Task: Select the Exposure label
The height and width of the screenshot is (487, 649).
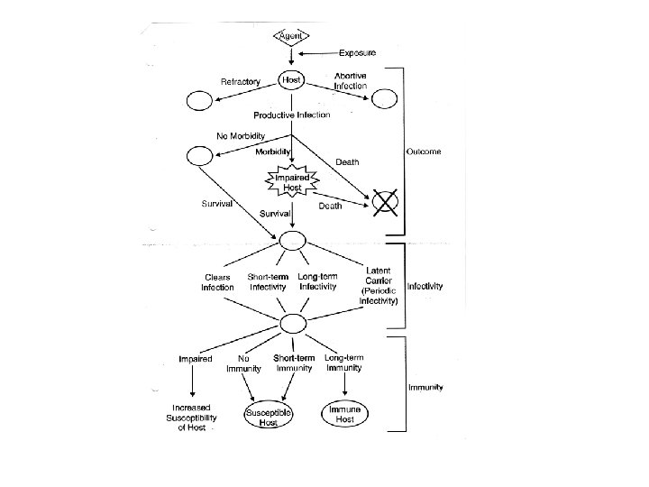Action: (x=358, y=52)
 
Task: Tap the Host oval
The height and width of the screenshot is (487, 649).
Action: (x=292, y=80)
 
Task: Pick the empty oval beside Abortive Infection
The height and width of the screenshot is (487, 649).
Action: (x=385, y=100)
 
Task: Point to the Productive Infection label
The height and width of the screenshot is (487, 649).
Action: (x=291, y=115)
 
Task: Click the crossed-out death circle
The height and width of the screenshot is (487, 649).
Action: (x=385, y=203)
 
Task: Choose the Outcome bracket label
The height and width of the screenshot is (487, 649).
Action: (x=424, y=152)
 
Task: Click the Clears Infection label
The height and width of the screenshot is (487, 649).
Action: (x=217, y=282)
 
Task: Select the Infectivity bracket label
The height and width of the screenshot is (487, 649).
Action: (x=425, y=286)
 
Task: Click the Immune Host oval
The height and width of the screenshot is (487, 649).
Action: (x=345, y=413)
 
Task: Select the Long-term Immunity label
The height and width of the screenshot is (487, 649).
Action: (x=343, y=363)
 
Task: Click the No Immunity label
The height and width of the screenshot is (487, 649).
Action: (x=243, y=363)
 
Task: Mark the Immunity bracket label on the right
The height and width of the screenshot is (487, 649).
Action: (x=425, y=388)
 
